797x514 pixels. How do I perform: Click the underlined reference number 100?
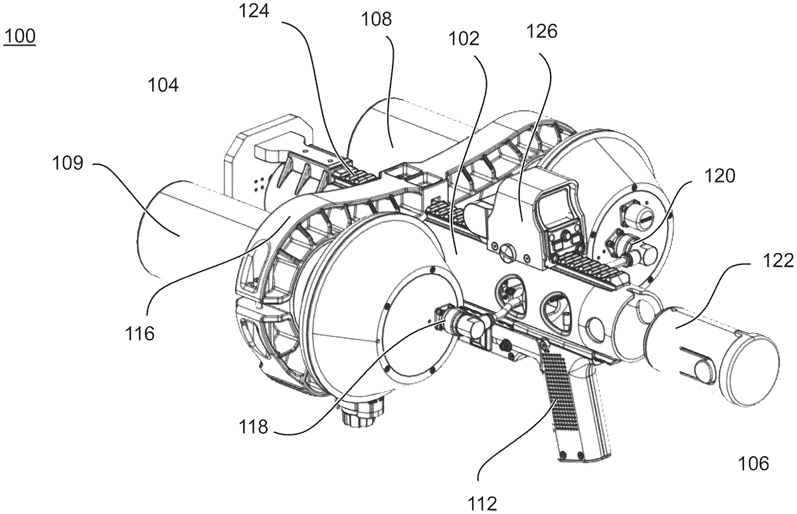(x=19, y=37)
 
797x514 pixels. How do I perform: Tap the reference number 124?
(x=254, y=11)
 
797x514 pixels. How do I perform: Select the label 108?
(x=377, y=19)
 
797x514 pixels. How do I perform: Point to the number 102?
(x=464, y=39)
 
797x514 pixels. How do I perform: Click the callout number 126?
(x=541, y=31)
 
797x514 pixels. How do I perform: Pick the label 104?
(x=163, y=86)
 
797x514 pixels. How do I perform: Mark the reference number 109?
(x=68, y=163)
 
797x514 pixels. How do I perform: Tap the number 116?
(x=139, y=333)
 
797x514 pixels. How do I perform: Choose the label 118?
(x=253, y=426)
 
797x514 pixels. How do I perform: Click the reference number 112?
(x=482, y=504)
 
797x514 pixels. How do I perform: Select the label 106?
(x=754, y=464)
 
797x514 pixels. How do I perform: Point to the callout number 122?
(x=778, y=262)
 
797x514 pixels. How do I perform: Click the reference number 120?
(x=719, y=176)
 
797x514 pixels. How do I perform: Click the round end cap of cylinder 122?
(x=750, y=370)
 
